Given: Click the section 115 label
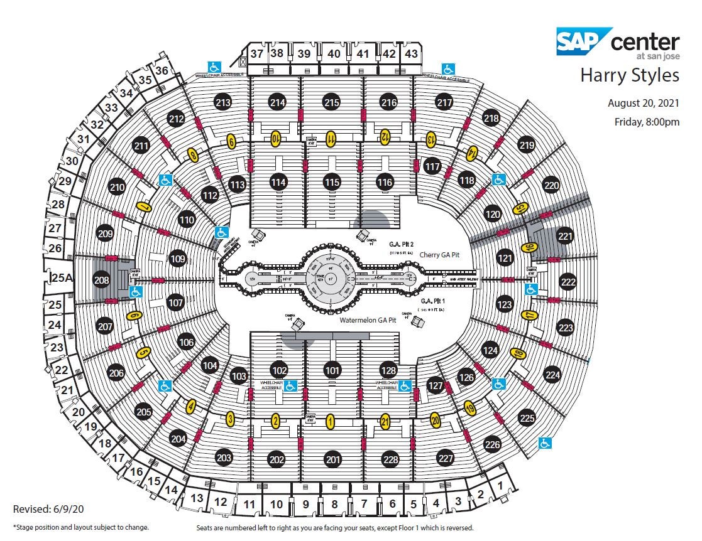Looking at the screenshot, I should pyautogui.click(x=332, y=183).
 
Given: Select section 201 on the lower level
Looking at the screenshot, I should pyautogui.click(x=333, y=459).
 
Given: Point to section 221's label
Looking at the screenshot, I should pyautogui.click(x=566, y=236).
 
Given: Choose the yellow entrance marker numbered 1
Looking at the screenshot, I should pyautogui.click(x=330, y=422).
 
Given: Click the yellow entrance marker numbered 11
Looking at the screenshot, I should pyautogui.click(x=331, y=137).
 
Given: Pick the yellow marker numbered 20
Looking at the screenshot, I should pyautogui.click(x=436, y=420).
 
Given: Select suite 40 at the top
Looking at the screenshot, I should pyautogui.click(x=334, y=54).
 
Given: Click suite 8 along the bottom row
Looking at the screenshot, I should pyautogui.click(x=334, y=503).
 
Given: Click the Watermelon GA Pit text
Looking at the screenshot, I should pyautogui.click(x=368, y=320).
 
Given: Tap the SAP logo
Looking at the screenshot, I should pyautogui.click(x=583, y=41).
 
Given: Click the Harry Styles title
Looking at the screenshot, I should pyautogui.click(x=629, y=75).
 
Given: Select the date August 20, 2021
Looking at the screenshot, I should pyautogui.click(x=643, y=103).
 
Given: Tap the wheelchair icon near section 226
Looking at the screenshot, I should pyautogui.click(x=545, y=443).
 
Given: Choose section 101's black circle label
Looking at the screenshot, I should pyautogui.click(x=333, y=370).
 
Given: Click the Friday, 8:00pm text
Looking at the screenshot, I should pyautogui.click(x=646, y=122).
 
